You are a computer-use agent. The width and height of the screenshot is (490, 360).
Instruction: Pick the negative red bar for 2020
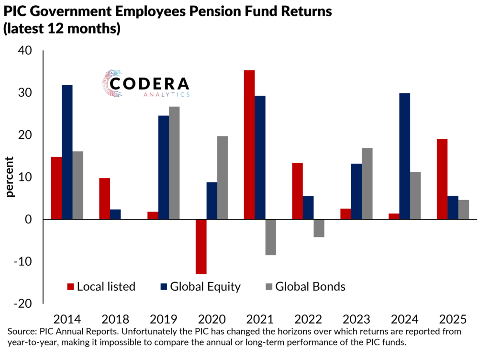[201, 247]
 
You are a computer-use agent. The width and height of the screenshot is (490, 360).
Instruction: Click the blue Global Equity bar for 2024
[405, 156]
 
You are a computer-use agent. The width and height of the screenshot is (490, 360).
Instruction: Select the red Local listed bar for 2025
[442, 179]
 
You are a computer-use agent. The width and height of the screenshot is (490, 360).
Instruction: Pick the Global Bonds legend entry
[305, 287]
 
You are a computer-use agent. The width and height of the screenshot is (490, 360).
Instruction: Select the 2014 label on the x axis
[67, 319]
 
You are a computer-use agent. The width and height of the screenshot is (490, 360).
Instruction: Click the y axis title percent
[10, 177]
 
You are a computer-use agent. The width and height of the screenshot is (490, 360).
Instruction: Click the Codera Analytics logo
[146, 84]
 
